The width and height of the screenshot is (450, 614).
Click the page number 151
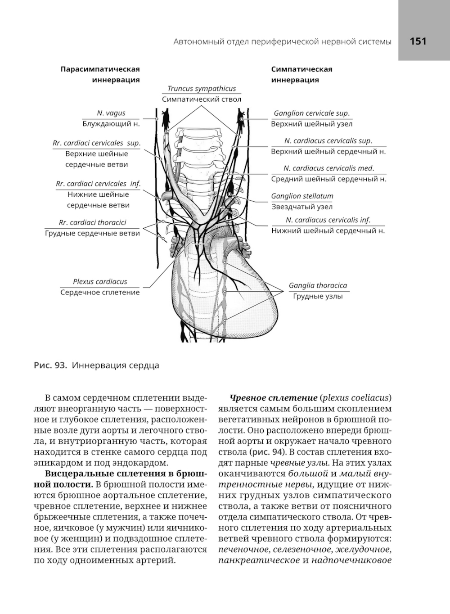click(x=418, y=41)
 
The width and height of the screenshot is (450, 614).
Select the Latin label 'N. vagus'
click(x=111, y=113)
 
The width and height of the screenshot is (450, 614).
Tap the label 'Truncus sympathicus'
click(x=202, y=89)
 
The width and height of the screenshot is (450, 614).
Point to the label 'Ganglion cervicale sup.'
click(x=311, y=113)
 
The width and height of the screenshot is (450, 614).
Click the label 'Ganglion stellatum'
click(x=302, y=196)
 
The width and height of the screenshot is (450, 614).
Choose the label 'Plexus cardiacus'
click(x=100, y=281)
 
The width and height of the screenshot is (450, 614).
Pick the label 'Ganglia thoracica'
click(x=318, y=285)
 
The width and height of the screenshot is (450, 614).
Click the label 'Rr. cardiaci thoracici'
click(x=92, y=222)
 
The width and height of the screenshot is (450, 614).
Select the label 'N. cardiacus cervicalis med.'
click(x=328, y=168)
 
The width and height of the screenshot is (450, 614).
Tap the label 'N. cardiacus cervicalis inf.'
click(x=328, y=220)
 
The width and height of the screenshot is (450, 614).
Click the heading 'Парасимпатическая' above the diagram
click(x=100, y=69)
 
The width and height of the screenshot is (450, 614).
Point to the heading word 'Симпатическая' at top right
click(x=301, y=69)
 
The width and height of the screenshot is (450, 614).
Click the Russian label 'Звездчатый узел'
click(x=302, y=207)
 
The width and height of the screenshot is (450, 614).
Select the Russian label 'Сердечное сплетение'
click(x=100, y=292)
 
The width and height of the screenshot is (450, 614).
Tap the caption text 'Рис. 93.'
click(x=50, y=365)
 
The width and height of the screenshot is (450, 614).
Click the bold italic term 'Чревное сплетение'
click(x=274, y=398)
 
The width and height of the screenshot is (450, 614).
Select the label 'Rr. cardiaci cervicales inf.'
click(x=98, y=184)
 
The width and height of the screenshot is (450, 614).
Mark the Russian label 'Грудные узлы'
click(x=318, y=296)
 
